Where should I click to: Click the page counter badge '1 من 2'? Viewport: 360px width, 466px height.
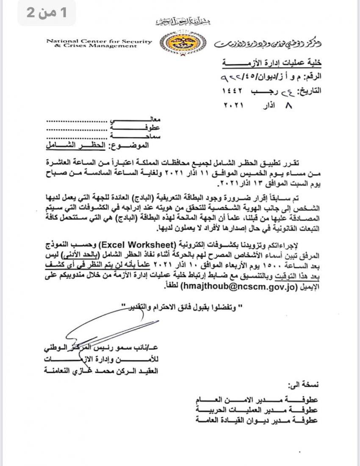[x=46, y=13]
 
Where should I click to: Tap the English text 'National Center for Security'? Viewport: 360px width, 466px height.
[x=99, y=41]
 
